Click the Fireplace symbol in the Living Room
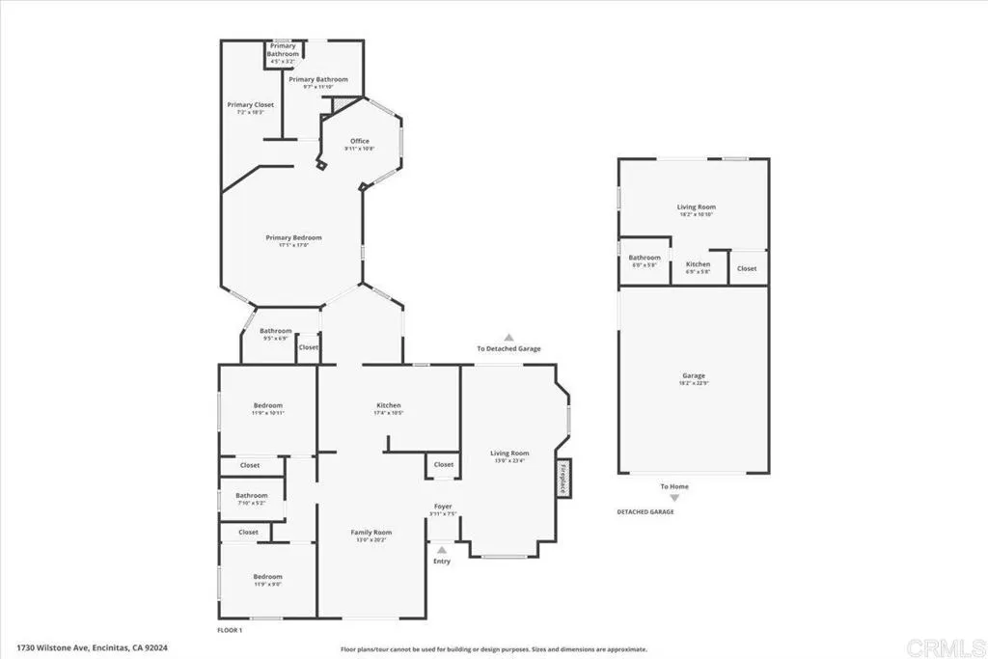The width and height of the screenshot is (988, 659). pyautogui.click(x=563, y=478)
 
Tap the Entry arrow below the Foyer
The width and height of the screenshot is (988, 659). pyautogui.click(x=442, y=551)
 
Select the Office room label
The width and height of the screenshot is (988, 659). pyautogui.click(x=359, y=142)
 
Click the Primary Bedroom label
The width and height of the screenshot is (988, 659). pyautogui.click(x=293, y=237)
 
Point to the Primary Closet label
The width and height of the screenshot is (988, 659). pyautogui.click(x=250, y=104)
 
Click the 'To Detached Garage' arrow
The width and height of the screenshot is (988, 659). pyautogui.click(x=508, y=338)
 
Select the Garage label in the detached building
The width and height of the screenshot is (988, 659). pyautogui.click(x=693, y=375)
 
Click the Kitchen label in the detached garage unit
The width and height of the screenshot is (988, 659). pyautogui.click(x=698, y=263)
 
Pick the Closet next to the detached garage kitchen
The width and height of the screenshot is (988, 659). pyautogui.click(x=747, y=268)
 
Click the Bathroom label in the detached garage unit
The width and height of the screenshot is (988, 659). pyautogui.click(x=644, y=258)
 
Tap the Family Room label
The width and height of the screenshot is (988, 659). pyautogui.click(x=370, y=533)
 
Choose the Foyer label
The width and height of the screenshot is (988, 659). pyautogui.click(x=442, y=507)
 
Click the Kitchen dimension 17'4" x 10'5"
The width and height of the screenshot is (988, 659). pyautogui.click(x=388, y=413)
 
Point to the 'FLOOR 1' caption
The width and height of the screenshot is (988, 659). pyautogui.click(x=230, y=629)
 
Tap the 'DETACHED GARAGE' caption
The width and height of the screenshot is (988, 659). pyautogui.click(x=645, y=511)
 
